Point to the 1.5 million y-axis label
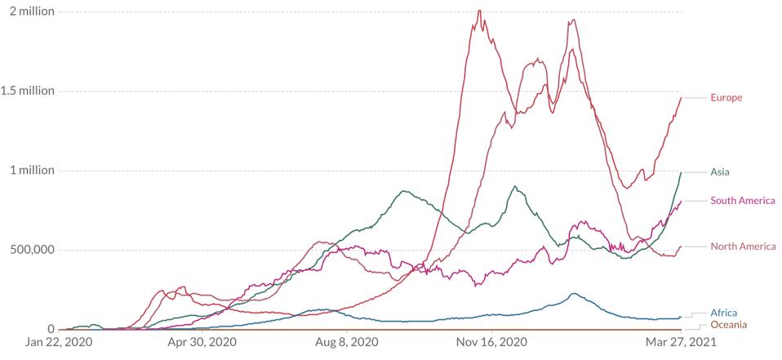click(28, 91)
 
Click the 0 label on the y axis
click(50, 328)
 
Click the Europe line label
click(726, 98)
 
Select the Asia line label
click(720, 171)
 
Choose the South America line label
click(742, 201)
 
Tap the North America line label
click(742, 246)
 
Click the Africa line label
click(724, 313)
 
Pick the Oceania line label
click(728, 325)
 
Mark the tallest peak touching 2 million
click(478, 11)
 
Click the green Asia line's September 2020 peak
click(402, 192)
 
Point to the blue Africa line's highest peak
click(574, 294)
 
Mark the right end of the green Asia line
click(681, 172)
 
